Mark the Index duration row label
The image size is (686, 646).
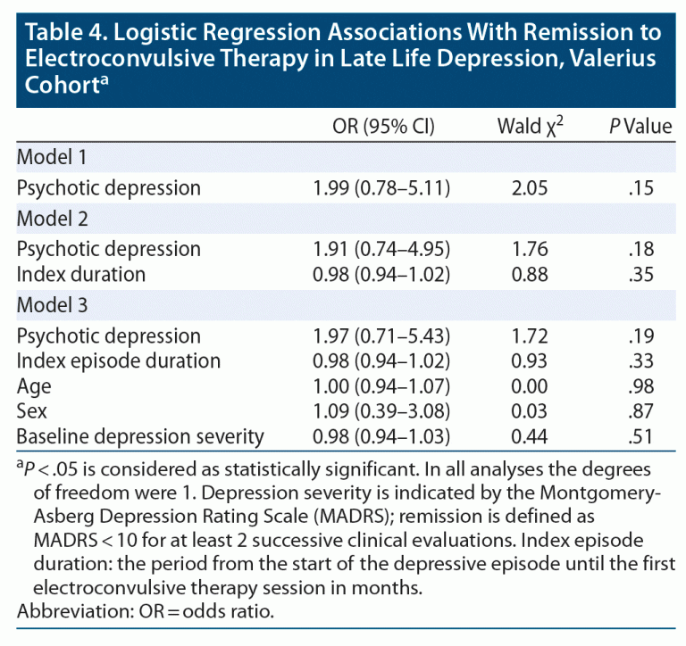(81, 274)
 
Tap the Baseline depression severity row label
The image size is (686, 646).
(140, 436)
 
